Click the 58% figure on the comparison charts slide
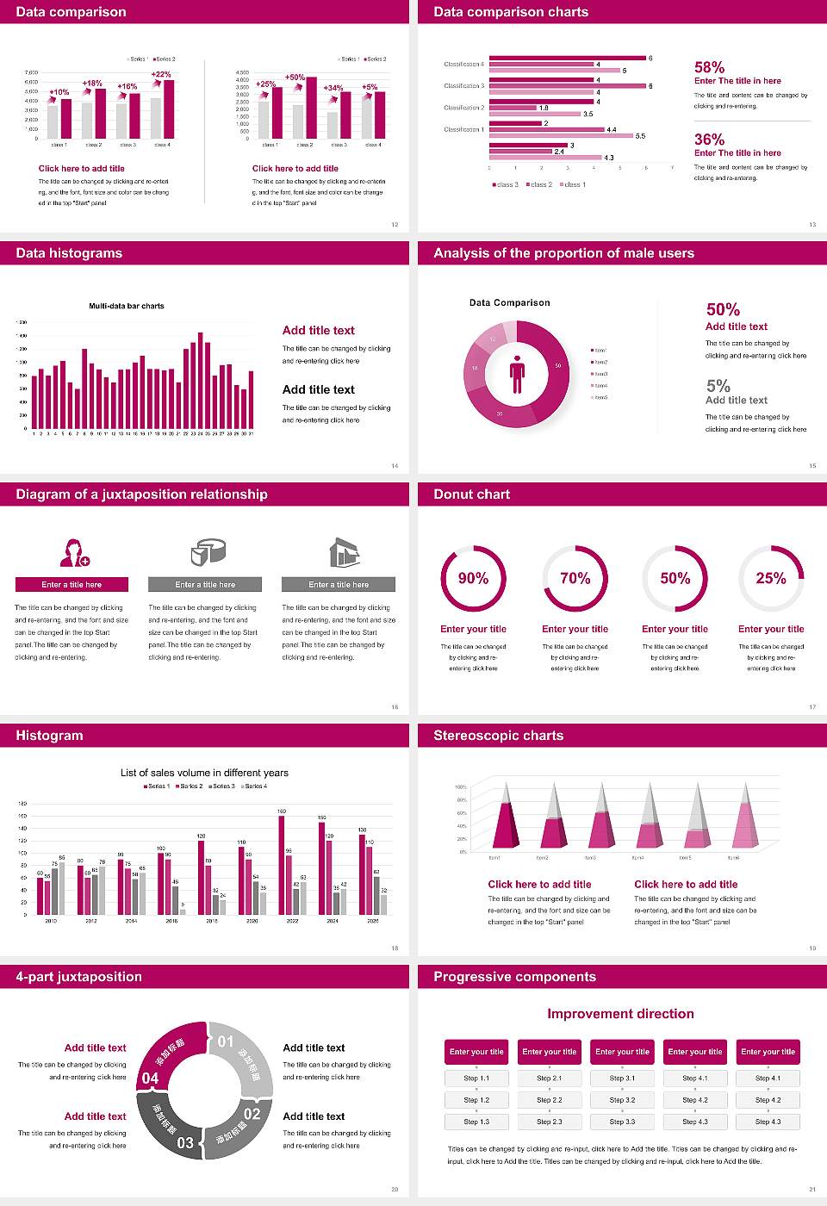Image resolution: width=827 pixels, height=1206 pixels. tap(709, 67)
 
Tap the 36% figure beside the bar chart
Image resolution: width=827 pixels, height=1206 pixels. tap(709, 140)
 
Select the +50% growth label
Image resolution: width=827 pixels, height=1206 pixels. tap(295, 78)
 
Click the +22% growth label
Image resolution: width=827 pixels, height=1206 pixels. tap(161, 74)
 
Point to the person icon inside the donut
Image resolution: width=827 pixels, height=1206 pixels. tap(517, 373)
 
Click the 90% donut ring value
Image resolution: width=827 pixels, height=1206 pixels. tap(473, 578)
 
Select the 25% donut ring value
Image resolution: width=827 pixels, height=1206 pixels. tap(771, 578)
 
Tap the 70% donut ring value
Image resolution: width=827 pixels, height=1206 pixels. tap(575, 578)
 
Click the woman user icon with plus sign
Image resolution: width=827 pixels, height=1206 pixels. tap(73, 552)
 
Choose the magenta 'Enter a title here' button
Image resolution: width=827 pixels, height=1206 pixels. tap(72, 584)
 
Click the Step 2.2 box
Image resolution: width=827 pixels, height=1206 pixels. tap(550, 1099)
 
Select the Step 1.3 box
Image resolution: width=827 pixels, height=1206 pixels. tap(476, 1122)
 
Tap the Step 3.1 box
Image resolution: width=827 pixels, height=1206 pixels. tap(622, 1078)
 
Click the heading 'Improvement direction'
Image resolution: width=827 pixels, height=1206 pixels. tap(620, 1014)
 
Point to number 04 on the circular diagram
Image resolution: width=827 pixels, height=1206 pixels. tap(150, 1078)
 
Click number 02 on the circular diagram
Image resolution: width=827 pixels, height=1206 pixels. tap(252, 1114)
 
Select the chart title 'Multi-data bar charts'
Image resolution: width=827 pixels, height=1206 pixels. tap(127, 306)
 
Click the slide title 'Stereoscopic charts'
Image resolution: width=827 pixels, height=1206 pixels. tap(498, 736)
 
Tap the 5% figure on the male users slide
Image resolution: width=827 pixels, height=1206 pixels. tap(718, 386)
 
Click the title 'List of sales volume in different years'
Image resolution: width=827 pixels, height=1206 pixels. tap(204, 773)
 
